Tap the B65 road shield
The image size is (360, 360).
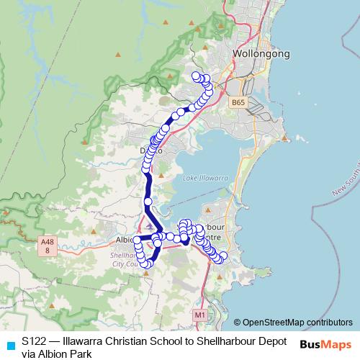coord(239,103)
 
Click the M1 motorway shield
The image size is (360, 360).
coord(200,315)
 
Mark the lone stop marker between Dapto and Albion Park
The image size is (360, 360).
coord(148,202)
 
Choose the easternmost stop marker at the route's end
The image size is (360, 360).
coord(223,256)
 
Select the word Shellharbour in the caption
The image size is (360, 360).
coord(225,341)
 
